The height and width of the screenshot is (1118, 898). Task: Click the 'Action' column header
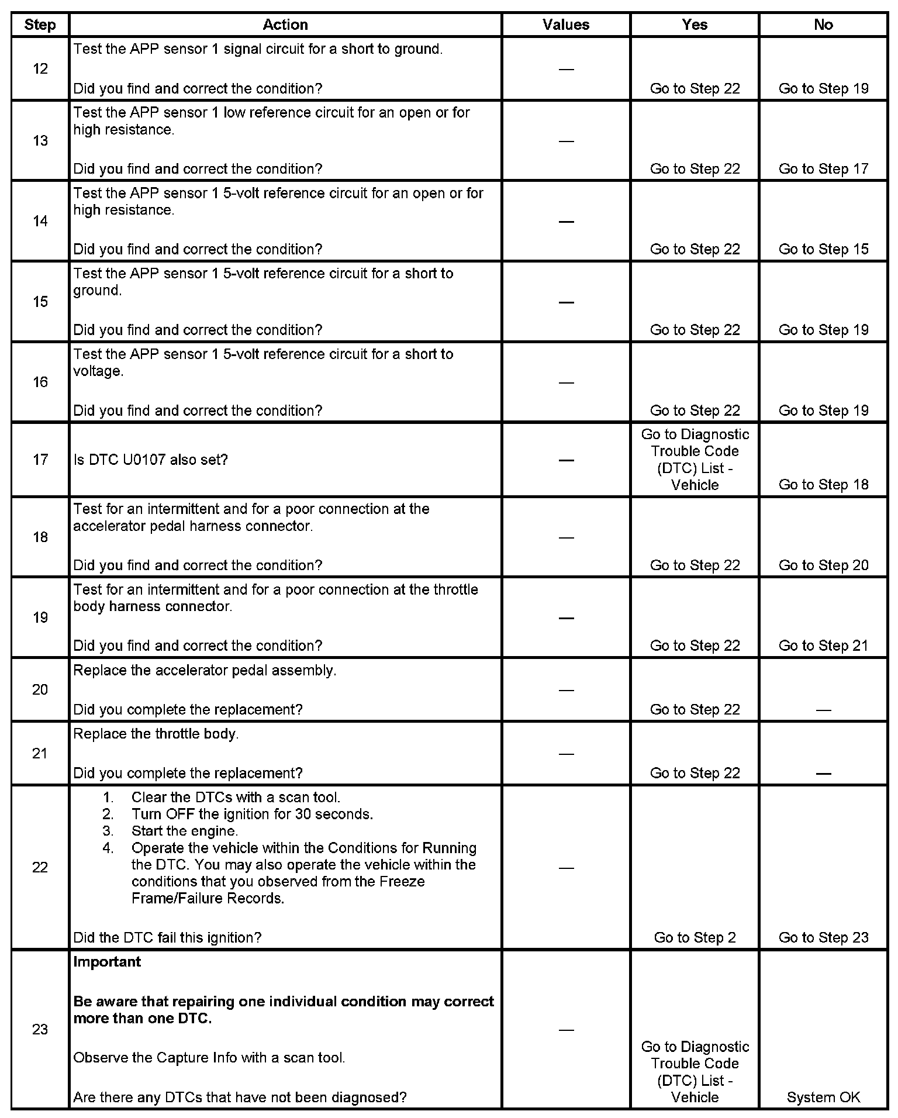[x=285, y=25]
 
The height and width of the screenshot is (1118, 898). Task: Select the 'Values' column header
[x=565, y=25]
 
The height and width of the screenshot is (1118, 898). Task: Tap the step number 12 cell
[x=40, y=69]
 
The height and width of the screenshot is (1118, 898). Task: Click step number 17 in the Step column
[x=40, y=460]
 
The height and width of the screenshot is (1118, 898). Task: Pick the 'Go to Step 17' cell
[x=823, y=169]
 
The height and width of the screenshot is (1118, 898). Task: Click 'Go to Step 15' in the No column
[x=823, y=249]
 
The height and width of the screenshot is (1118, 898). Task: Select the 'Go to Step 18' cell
[x=823, y=485]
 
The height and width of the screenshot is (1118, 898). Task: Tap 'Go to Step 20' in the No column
[x=823, y=565]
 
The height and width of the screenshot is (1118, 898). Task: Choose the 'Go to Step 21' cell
[x=823, y=646]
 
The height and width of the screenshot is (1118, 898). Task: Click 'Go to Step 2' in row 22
[x=695, y=937]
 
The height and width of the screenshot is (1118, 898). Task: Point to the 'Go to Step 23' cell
[x=823, y=937]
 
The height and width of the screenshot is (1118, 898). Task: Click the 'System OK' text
[x=823, y=1098]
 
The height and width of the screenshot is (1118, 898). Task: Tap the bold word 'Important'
[x=107, y=962]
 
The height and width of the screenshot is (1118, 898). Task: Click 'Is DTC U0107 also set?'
[x=150, y=460]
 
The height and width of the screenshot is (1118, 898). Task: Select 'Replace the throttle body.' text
[x=156, y=734]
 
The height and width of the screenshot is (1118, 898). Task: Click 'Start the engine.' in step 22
[x=184, y=831]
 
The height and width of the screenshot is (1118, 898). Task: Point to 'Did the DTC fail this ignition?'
[x=167, y=937]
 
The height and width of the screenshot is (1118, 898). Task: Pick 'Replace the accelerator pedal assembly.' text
[x=205, y=670]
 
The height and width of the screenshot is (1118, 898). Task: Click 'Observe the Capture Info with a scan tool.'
[x=209, y=1058]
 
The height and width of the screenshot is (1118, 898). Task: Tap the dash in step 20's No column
[x=823, y=710]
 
